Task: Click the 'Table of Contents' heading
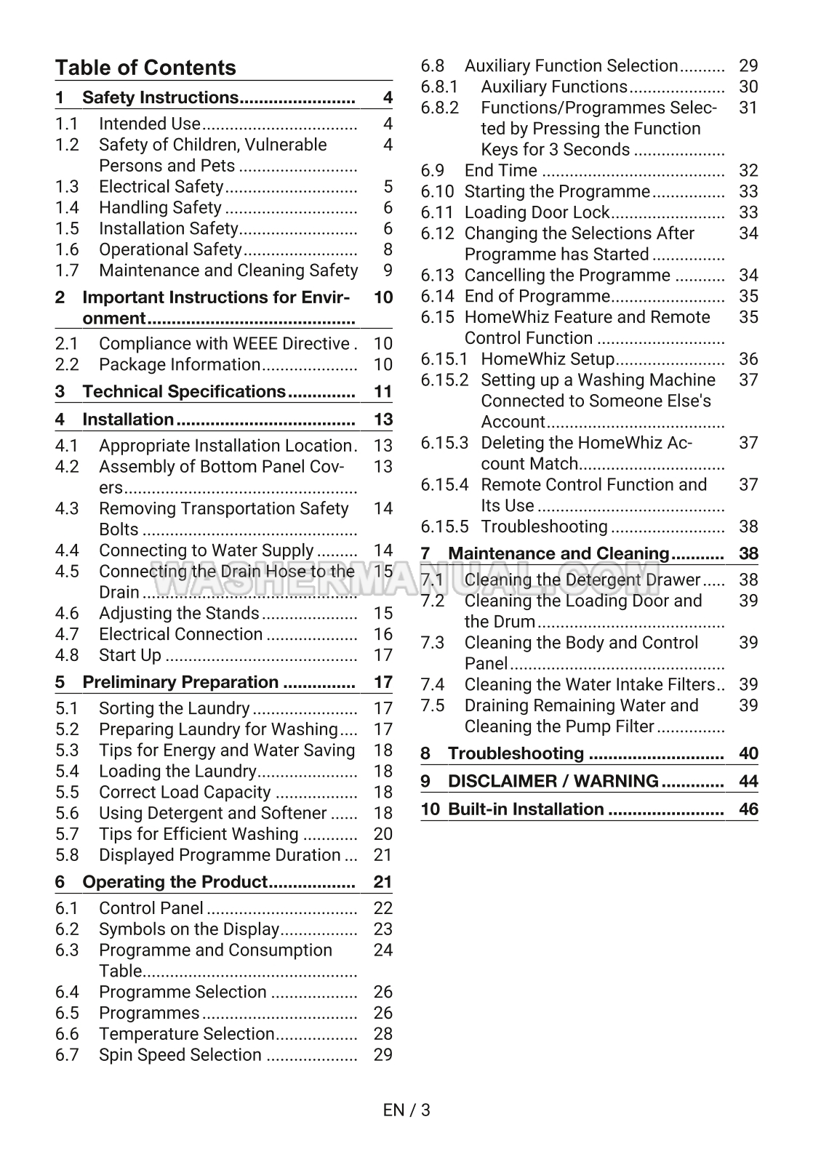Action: tap(145, 68)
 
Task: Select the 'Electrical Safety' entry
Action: tap(161, 187)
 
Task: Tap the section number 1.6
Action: tap(67, 249)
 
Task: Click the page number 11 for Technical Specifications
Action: tap(383, 391)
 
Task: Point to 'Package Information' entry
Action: tap(179, 364)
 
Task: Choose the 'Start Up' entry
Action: tap(129, 655)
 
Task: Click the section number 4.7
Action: tap(67, 634)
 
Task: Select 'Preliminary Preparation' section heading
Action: tap(180, 682)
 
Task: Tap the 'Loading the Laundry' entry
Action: tap(177, 771)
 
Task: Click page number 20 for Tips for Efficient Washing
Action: tap(383, 834)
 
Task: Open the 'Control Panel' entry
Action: tap(151, 908)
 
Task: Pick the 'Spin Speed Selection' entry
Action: tap(180, 1054)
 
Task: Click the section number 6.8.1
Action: tap(439, 87)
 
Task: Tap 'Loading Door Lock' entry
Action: tap(537, 212)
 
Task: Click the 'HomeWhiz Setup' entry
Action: tap(548, 359)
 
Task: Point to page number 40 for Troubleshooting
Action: tap(748, 753)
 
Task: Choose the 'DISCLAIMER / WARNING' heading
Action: tap(553, 781)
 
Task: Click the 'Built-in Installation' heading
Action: tap(526, 809)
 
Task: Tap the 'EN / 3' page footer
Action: tap(406, 1110)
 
